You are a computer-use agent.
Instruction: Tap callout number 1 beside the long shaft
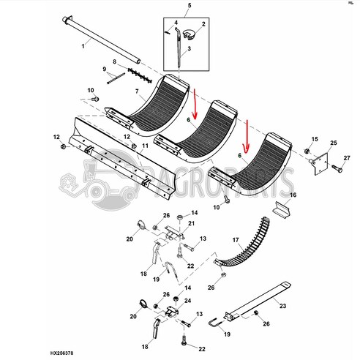coord(83,46)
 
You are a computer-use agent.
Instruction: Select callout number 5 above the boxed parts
coord(188,6)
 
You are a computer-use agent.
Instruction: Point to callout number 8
coord(115,64)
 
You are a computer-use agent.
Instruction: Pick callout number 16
coord(293,196)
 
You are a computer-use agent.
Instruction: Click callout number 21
coord(192,223)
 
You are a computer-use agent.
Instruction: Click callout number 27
coord(347,157)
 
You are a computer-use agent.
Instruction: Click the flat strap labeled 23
coord(256,302)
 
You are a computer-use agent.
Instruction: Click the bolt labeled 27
coord(337,168)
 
